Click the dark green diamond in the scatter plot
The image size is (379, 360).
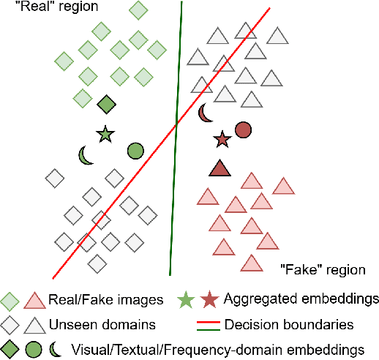(x=107, y=104)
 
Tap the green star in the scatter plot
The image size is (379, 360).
(x=105, y=135)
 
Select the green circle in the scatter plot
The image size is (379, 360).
(x=135, y=151)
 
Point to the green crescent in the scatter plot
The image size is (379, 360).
(x=86, y=155)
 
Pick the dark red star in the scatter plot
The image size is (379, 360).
(x=221, y=138)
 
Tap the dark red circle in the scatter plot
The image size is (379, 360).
(x=243, y=130)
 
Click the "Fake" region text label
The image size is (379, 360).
(x=322, y=270)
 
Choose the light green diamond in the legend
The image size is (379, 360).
(x=10, y=299)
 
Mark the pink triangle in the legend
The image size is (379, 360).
(x=31, y=300)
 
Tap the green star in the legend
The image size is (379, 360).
(x=186, y=299)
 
